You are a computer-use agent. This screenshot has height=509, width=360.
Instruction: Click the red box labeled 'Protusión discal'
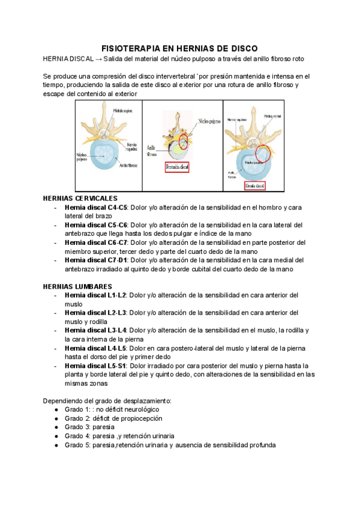[x=176, y=167]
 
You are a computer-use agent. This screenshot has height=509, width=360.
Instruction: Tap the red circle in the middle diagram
[x=183, y=143]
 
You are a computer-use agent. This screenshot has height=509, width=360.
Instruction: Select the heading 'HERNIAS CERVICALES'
[x=80, y=198]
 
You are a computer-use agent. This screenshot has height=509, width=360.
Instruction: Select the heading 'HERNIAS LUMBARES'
[x=78, y=286]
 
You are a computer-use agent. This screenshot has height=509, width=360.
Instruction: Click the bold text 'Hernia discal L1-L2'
[x=95, y=295]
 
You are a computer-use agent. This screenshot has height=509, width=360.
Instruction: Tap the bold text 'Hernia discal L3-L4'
[x=95, y=330]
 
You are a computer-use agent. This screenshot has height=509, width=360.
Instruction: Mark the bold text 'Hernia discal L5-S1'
[x=95, y=366]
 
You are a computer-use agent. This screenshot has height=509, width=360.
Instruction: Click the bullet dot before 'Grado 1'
[x=56, y=409]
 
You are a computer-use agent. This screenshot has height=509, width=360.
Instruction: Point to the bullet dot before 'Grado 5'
[x=56, y=445]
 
